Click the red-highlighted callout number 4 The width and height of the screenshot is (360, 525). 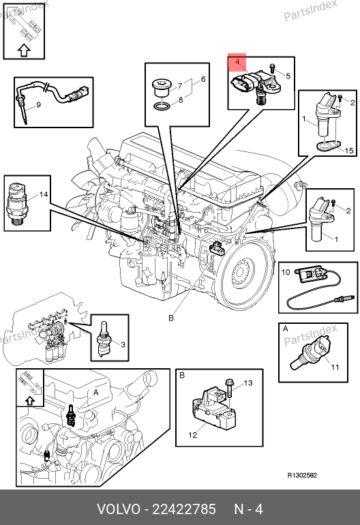pyautogui.click(x=237, y=62)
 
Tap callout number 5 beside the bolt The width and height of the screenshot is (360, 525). pyautogui.click(x=288, y=76)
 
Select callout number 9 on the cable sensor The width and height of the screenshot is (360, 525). pyautogui.click(x=38, y=105)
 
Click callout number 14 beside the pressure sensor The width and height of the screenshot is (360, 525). pyautogui.click(x=44, y=194)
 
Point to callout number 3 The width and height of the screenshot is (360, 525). pyautogui.click(x=123, y=344)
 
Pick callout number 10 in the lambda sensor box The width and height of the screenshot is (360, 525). pyautogui.click(x=285, y=272)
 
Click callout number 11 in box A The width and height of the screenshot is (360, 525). pyautogui.click(x=335, y=367)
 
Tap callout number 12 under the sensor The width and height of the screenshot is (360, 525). pyautogui.click(x=192, y=435)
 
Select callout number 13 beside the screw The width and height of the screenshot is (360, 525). pyautogui.click(x=248, y=382)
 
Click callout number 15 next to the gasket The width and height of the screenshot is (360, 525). pyautogui.click(x=349, y=151)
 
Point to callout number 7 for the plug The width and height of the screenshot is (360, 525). pyautogui.click(x=180, y=86)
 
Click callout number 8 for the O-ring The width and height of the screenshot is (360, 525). pyautogui.click(x=181, y=100)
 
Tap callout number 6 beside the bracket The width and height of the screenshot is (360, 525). pyautogui.click(x=203, y=79)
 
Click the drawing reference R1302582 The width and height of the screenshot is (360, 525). pyautogui.click(x=302, y=475)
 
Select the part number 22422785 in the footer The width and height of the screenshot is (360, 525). pyautogui.click(x=184, y=509)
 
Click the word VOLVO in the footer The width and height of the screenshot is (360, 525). pyautogui.click(x=119, y=509)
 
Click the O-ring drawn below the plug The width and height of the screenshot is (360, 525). pyautogui.click(x=162, y=106)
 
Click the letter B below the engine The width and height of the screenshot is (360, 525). pyautogui.click(x=171, y=318)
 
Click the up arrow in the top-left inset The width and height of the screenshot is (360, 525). pyautogui.click(x=24, y=50)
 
